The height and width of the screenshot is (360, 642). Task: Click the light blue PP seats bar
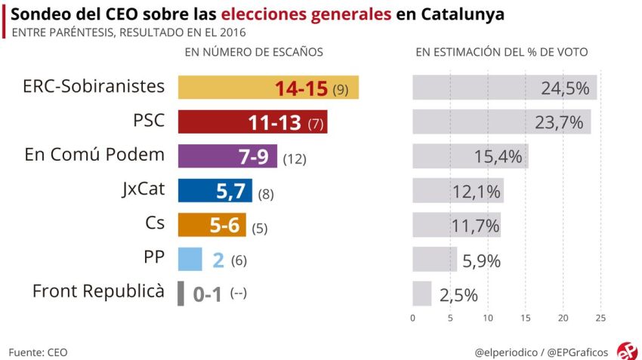pos(190,259)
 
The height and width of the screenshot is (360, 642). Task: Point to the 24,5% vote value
pos(565,88)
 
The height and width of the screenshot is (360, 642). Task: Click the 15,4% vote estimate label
pos(498,157)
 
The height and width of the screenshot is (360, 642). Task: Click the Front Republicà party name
pos(98,292)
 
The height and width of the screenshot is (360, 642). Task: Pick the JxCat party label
pos(144,189)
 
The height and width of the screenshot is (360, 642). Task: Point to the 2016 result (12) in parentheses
pos(295,159)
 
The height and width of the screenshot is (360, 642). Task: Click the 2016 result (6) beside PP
pos(239,261)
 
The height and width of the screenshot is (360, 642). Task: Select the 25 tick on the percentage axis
pos(600,318)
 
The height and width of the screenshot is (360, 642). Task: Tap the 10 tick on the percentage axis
pos(488,318)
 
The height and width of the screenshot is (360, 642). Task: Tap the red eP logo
pos(627,351)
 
